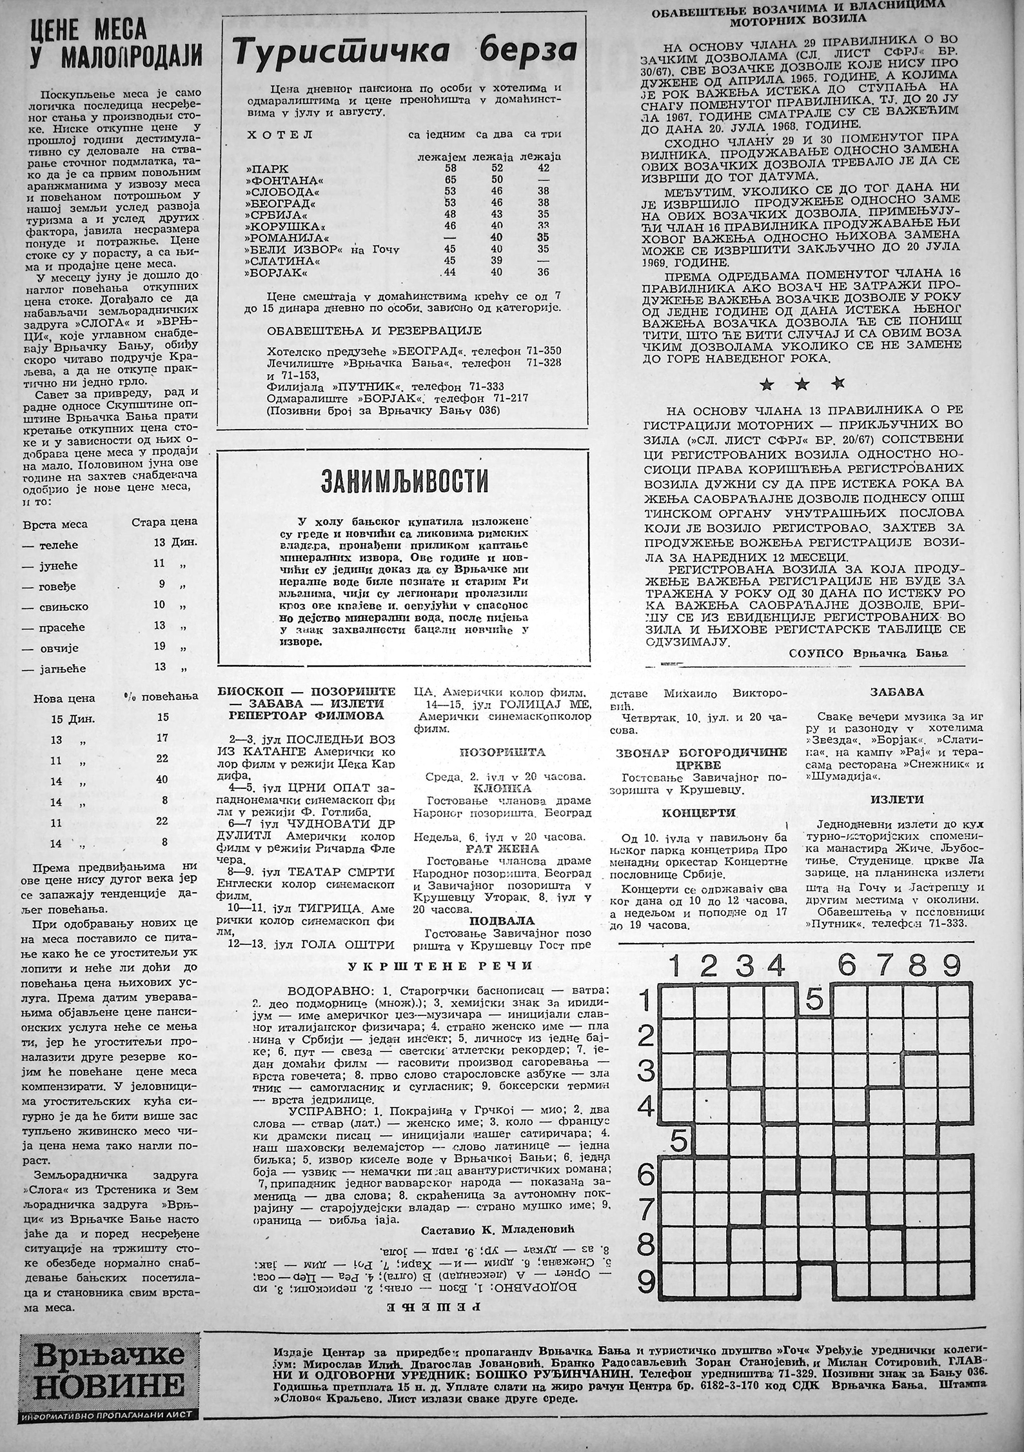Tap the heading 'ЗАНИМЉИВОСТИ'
pyautogui.click(x=404, y=481)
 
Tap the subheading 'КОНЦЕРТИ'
pyautogui.click(x=702, y=813)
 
